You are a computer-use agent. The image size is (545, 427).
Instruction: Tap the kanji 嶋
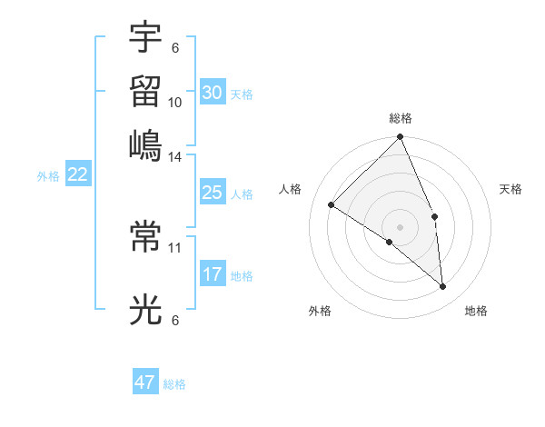coord(145,144)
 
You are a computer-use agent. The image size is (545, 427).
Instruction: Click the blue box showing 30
coord(213,92)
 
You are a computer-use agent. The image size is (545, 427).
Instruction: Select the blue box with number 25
coord(213,193)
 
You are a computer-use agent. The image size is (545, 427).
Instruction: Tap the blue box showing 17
coord(213,273)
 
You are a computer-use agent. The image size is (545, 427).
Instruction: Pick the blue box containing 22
coord(77,174)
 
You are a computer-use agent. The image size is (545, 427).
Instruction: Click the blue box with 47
coord(145,382)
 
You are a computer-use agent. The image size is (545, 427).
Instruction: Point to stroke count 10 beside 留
coord(175,102)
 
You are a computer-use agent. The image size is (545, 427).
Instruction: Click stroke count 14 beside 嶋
coord(175,157)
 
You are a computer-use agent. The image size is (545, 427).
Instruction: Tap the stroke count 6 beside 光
coord(175,320)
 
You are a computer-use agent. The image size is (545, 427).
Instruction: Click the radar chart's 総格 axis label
coord(401,118)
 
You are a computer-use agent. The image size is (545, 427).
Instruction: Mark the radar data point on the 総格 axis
coord(401,138)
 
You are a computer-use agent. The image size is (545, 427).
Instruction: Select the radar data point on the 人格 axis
coord(332,204)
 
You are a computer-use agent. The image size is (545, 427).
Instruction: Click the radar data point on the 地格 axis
coord(443,287)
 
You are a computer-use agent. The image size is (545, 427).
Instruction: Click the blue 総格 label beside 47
coord(175,384)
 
